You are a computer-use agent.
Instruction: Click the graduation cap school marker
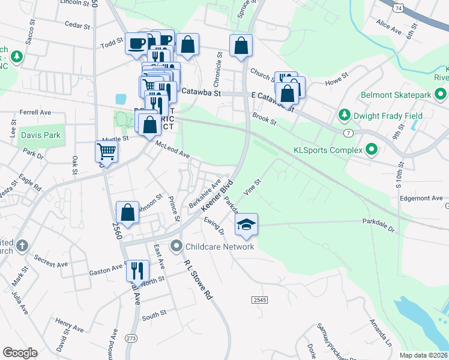tap(246, 224)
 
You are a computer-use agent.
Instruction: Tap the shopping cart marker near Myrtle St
tap(106, 151)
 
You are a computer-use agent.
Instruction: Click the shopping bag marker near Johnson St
tap(127, 212)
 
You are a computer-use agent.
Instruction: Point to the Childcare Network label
tap(220, 246)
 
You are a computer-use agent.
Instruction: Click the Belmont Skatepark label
tap(396, 95)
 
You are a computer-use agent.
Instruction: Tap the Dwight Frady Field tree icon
tap(345, 114)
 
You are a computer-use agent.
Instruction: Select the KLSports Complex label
tap(328, 150)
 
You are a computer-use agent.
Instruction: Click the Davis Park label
tap(41, 135)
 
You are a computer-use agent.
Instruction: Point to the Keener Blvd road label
tap(216, 197)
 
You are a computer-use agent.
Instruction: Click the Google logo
tap(20, 353)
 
